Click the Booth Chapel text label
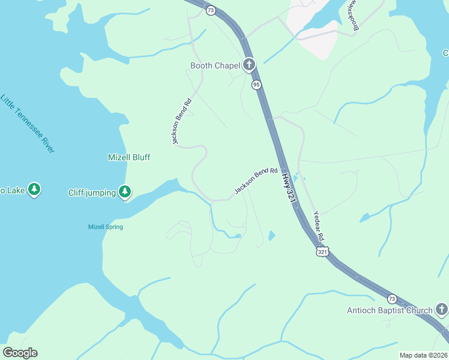pyautogui.click(x=215, y=65)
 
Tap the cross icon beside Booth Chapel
pyautogui.click(x=250, y=65)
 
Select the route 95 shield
pyautogui.click(x=256, y=85)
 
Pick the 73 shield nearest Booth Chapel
pyautogui.click(x=210, y=11)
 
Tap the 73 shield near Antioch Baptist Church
pyautogui.click(x=392, y=299)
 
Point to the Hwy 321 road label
pyautogui.click(x=289, y=188)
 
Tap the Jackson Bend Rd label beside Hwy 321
pyautogui.click(x=256, y=180)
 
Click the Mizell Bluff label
pyautogui.click(x=128, y=157)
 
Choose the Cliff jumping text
pyautogui.click(x=92, y=193)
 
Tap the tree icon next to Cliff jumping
pyautogui.click(x=124, y=192)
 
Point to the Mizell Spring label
pyautogui.click(x=106, y=227)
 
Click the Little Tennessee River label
pyautogui.click(x=28, y=123)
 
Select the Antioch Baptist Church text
pyautogui.click(x=390, y=310)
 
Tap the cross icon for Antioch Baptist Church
pyautogui.click(x=442, y=310)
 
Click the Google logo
pyautogui.click(x=20, y=353)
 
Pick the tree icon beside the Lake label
pyautogui.click(x=35, y=190)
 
